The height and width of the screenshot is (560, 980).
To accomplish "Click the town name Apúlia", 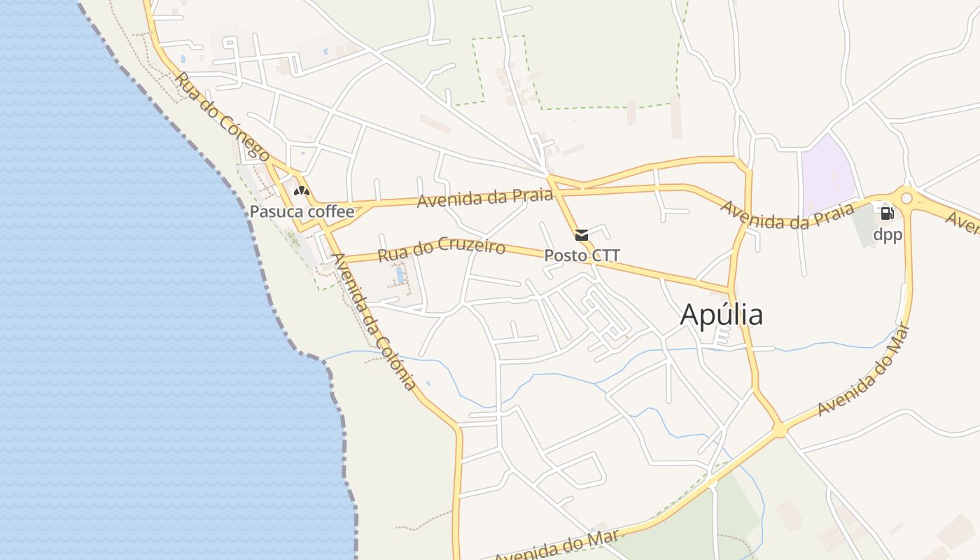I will pos(721,315).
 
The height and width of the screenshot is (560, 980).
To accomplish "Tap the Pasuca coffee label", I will pos(302,211).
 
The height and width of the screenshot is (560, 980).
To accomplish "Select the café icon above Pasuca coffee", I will pos(302,190).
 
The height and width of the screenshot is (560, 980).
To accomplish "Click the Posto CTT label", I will pos(582,255).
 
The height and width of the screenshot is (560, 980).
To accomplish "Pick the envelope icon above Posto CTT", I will pos(582,234).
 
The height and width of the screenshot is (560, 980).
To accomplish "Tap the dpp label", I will pos(888,234).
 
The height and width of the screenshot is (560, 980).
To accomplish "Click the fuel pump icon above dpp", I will pos(887,213).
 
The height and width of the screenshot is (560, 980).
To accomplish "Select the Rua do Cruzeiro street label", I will pos(441,249).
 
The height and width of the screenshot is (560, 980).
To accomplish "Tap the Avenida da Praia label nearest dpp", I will pos(787,216).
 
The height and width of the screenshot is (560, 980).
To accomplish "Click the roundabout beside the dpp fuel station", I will pos(907,198).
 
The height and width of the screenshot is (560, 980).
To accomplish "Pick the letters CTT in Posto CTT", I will pos(605,255).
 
